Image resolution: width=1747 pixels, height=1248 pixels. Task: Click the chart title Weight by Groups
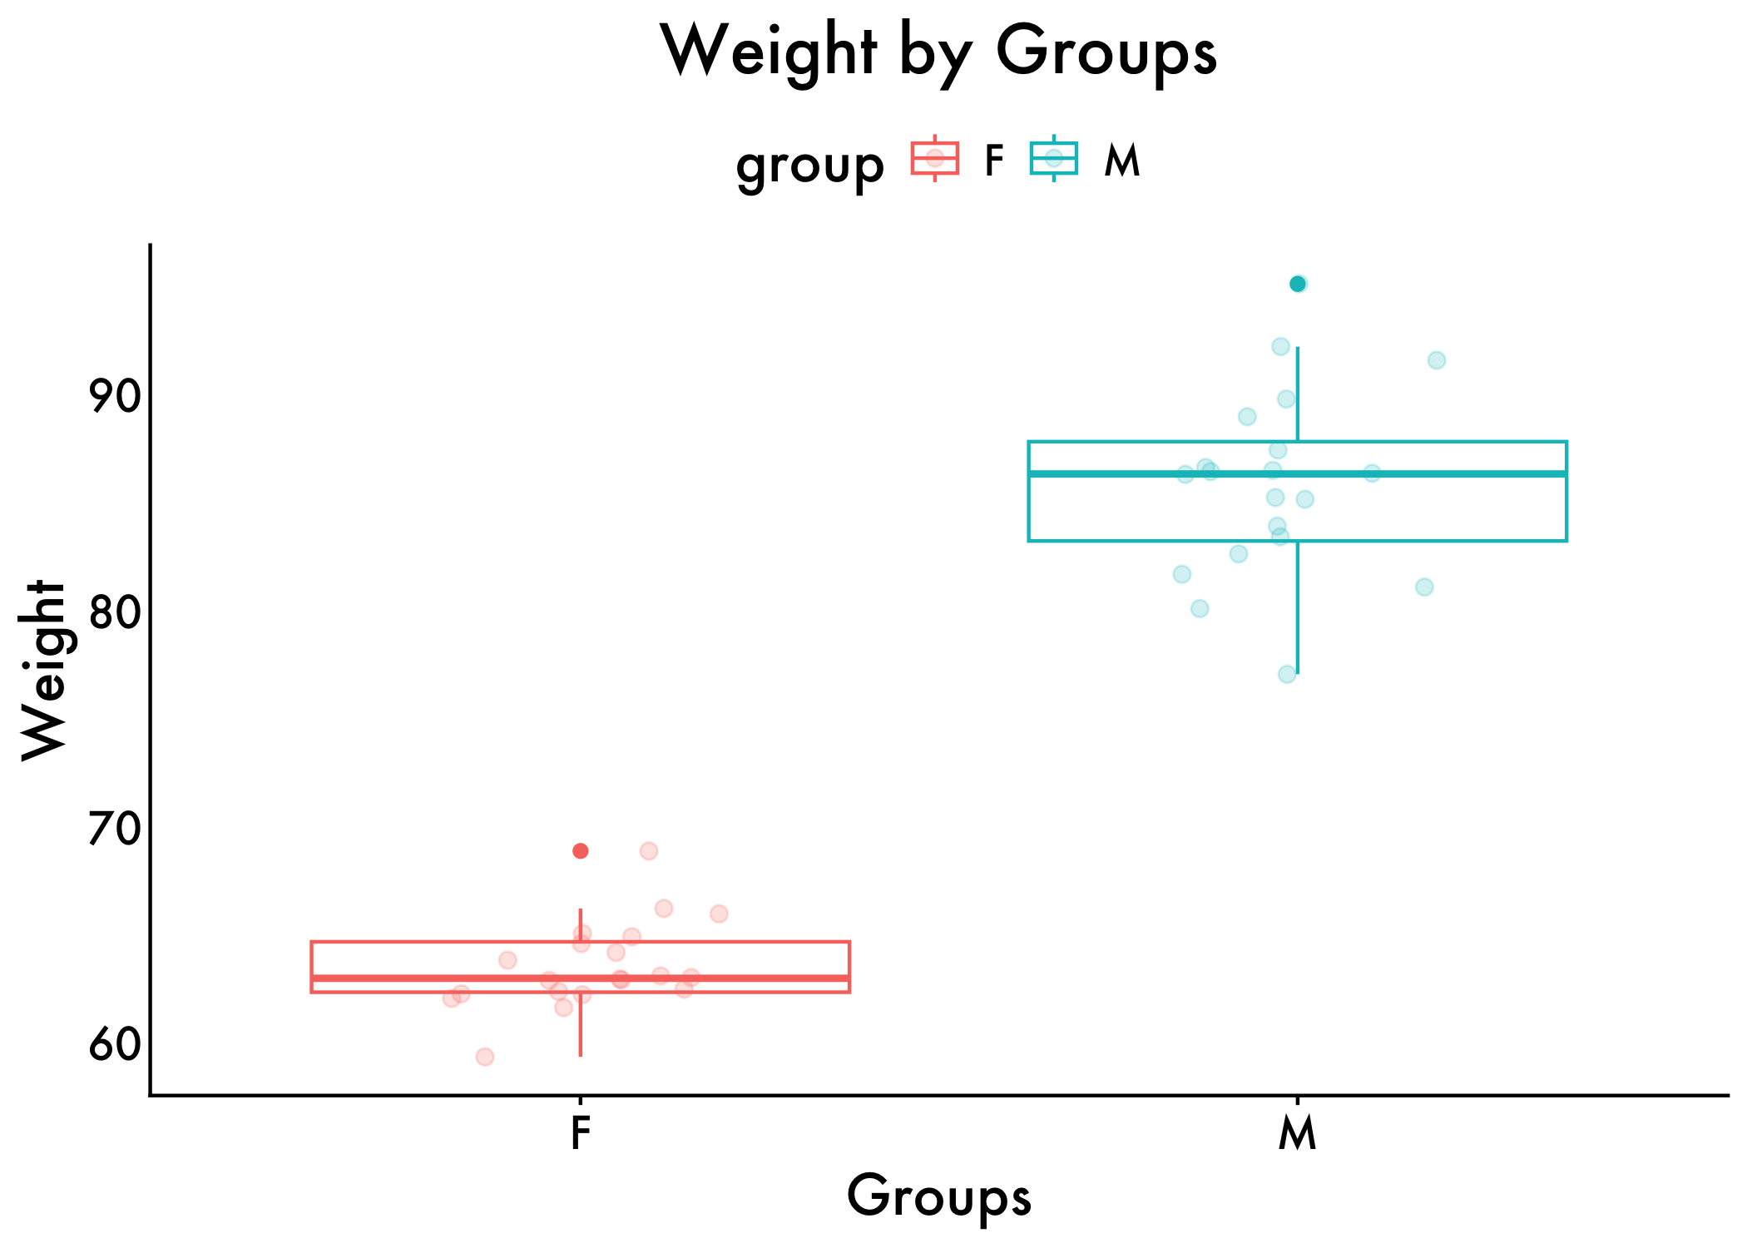938,52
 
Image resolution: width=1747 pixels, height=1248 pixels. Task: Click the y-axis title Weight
43,670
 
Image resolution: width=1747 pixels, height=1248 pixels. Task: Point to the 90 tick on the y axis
115,397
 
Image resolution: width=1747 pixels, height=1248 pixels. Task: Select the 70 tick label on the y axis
115,829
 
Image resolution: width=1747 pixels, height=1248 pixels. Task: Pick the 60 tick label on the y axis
115,1045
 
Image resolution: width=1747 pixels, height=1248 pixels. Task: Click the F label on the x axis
580,1133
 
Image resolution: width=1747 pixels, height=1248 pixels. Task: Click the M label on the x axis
1297,1133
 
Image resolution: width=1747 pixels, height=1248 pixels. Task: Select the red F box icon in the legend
935,158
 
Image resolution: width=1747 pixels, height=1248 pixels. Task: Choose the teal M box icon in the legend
1053,158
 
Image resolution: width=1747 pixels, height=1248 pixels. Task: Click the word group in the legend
809,164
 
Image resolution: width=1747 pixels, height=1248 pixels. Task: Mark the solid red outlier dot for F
581,850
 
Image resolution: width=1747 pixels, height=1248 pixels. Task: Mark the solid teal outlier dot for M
1297,285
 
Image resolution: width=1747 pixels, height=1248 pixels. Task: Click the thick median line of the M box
1414,473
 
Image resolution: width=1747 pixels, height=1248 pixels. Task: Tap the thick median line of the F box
749,978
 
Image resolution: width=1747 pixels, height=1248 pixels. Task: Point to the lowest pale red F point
485,1057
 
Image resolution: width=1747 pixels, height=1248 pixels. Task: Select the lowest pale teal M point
1287,674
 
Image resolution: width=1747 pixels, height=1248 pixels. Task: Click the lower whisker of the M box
1297,607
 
